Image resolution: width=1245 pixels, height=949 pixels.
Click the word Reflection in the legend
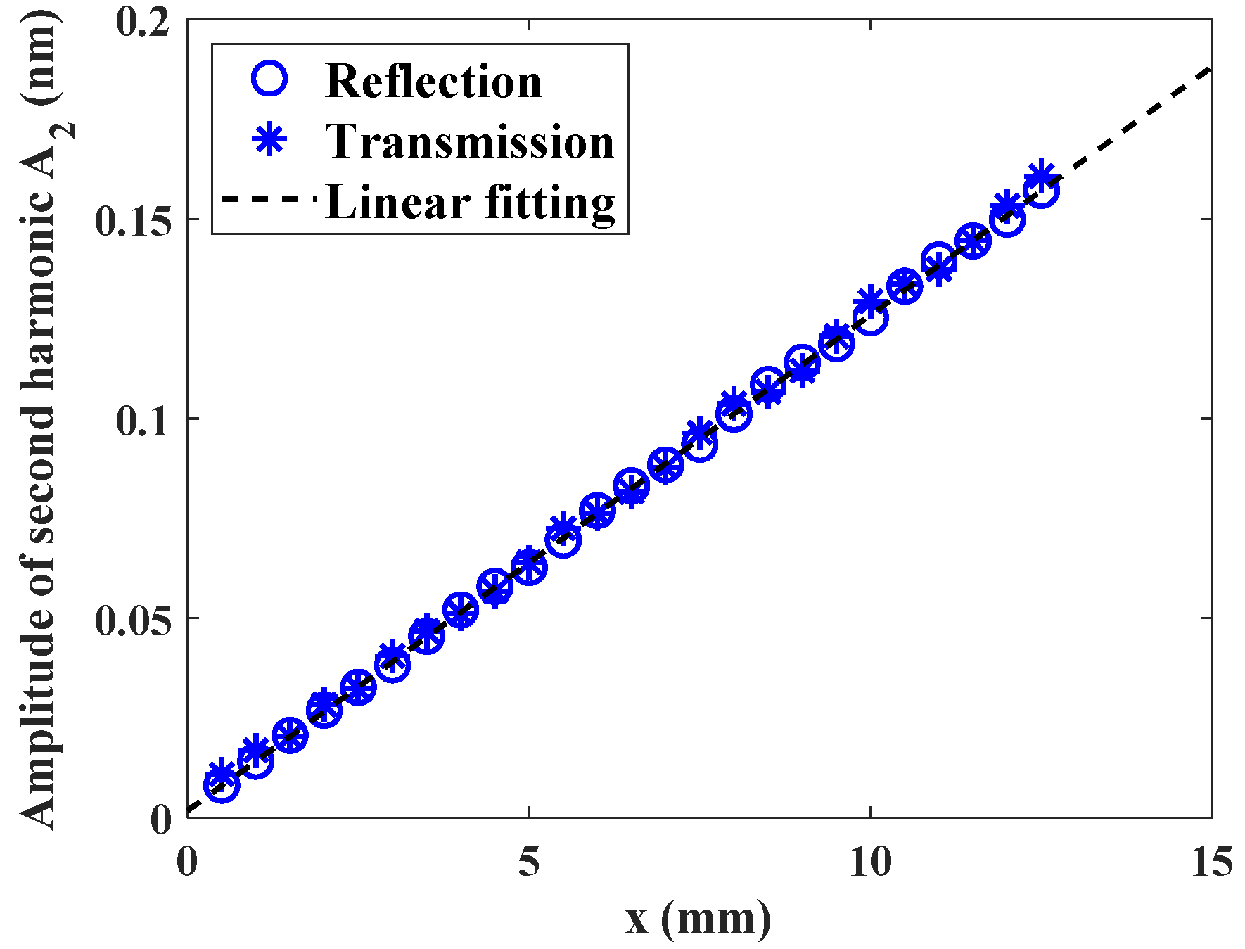433,82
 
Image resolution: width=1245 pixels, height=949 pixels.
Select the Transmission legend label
469,142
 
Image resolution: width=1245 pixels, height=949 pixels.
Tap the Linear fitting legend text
470,203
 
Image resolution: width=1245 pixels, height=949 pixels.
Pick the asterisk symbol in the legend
269,139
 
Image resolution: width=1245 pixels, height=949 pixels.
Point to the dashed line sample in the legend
269,200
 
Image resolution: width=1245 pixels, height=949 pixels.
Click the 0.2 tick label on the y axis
144,21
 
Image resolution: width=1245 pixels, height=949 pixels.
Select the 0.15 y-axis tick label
134,221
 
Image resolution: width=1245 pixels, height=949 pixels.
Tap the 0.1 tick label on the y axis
144,420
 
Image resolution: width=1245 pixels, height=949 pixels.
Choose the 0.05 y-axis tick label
134,620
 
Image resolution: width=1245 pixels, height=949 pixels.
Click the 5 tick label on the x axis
529,861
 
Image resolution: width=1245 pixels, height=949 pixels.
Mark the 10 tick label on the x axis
870,861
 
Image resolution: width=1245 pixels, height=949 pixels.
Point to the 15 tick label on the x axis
1211,861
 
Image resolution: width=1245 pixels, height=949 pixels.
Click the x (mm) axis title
698,919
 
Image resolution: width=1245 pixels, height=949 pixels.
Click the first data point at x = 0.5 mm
222,784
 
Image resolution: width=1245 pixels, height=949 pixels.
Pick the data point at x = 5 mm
529,566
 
